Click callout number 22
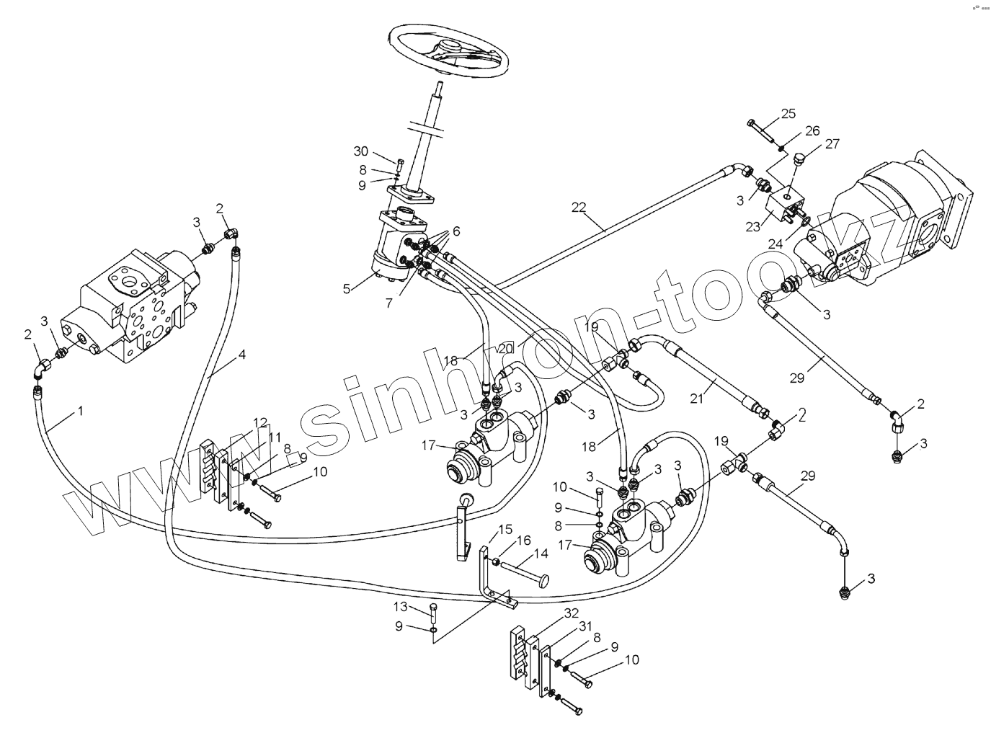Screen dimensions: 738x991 pyautogui.click(x=579, y=207)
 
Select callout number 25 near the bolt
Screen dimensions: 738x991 pyautogui.click(x=788, y=113)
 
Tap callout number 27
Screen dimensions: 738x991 pyautogui.click(x=832, y=143)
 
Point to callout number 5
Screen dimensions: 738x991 pyautogui.click(x=347, y=288)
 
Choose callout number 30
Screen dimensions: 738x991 pyautogui.click(x=361, y=151)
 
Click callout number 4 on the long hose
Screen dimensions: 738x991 pyautogui.click(x=242, y=355)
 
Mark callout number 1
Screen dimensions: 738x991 pyautogui.click(x=81, y=411)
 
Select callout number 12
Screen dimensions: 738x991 pyautogui.click(x=260, y=422)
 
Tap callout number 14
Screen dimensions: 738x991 pyautogui.click(x=540, y=553)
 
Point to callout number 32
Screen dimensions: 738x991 pyautogui.click(x=572, y=613)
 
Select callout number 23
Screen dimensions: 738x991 pyautogui.click(x=753, y=226)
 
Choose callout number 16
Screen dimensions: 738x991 pyautogui.click(x=524, y=540)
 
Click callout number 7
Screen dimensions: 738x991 pyautogui.click(x=389, y=303)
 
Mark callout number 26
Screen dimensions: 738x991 pyautogui.click(x=812, y=130)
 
